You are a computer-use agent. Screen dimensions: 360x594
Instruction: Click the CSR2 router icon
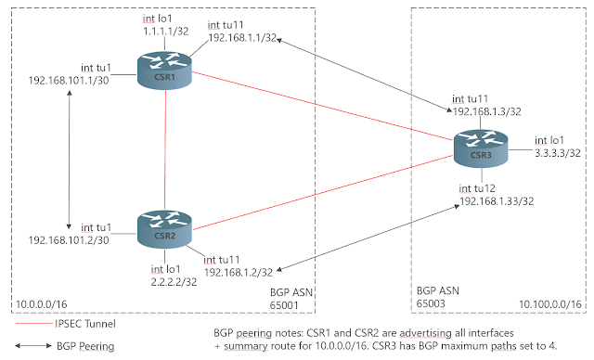point(164,228)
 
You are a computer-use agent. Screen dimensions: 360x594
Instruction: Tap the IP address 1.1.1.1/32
point(165,30)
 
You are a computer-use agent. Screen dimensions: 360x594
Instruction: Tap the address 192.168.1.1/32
point(240,38)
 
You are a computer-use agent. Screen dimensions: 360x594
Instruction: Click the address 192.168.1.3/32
point(485,109)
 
